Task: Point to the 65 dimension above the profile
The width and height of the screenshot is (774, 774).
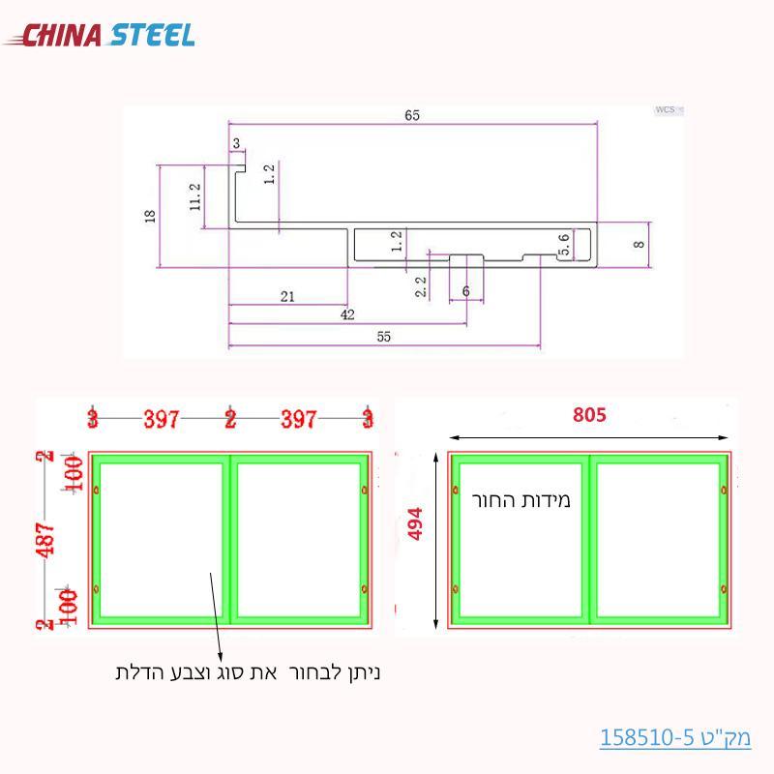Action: click(x=411, y=115)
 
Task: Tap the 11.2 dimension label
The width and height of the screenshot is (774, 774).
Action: click(x=195, y=196)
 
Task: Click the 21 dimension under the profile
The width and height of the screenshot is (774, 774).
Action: click(x=287, y=297)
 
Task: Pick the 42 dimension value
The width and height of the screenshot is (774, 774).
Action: click(x=347, y=315)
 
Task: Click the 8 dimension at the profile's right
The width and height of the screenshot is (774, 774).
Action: click(x=638, y=245)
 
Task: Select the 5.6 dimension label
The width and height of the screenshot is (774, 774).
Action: click(x=565, y=244)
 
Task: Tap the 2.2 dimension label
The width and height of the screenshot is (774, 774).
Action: click(x=420, y=285)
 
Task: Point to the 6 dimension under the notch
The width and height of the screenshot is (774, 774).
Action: click(x=466, y=291)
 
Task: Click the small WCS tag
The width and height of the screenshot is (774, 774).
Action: click(x=666, y=110)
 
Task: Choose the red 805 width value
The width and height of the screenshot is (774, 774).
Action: click(x=589, y=415)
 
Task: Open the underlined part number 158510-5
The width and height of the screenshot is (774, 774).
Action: click(x=675, y=737)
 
